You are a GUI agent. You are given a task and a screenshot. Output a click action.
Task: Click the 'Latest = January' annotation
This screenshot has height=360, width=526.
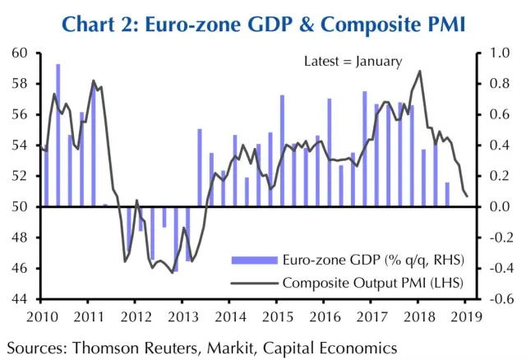click(353, 62)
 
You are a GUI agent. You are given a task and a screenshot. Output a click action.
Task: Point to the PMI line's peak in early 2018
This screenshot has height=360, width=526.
click(420, 71)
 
